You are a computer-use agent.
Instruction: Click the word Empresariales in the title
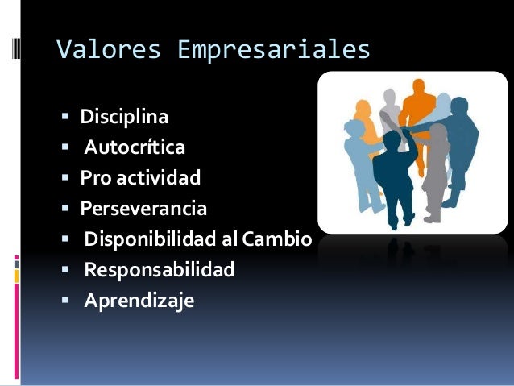274,50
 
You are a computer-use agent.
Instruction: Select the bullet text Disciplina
124,118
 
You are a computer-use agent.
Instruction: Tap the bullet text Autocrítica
135,148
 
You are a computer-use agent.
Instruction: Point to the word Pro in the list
94,178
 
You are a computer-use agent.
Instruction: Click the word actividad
157,178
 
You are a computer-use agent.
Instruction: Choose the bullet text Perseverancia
143,209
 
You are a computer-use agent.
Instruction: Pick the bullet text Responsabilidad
159,270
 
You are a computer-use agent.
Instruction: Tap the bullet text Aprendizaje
139,301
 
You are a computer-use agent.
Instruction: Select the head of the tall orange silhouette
420,85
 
